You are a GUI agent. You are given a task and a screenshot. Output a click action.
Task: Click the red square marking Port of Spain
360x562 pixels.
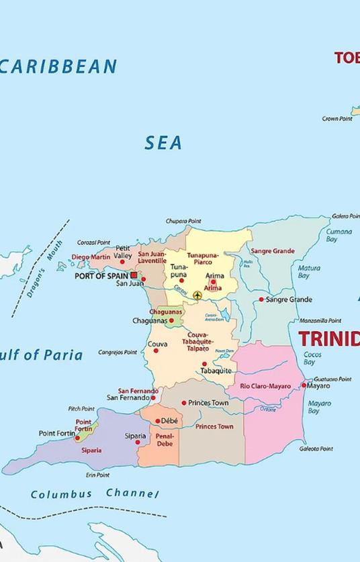(134, 275)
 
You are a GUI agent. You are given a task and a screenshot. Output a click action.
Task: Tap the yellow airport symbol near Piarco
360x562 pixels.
(197, 295)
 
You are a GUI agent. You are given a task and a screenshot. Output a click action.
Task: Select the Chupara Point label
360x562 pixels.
(183, 221)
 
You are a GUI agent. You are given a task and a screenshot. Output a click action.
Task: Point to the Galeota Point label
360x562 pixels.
(316, 449)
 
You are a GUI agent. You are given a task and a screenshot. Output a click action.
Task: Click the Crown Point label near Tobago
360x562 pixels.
(337, 119)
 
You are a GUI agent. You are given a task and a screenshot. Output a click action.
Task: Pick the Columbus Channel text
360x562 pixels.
(95, 494)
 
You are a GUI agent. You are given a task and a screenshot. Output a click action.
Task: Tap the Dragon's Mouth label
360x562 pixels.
(45, 269)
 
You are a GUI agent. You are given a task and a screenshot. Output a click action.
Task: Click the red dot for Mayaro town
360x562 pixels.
(304, 385)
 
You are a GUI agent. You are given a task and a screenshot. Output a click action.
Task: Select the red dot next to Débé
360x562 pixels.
(158, 421)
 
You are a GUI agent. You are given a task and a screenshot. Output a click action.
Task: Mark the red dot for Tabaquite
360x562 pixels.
(205, 364)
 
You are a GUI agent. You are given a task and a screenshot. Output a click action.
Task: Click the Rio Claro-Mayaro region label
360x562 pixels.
(265, 386)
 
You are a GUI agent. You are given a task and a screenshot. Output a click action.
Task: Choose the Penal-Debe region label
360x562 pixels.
(165, 440)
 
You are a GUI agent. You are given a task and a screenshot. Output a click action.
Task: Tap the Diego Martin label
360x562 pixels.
(91, 257)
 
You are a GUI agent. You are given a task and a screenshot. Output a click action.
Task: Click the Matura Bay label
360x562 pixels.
(309, 271)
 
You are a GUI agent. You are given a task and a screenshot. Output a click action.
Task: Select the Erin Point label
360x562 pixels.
(97, 475)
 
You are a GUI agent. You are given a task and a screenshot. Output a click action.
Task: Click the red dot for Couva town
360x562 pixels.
(156, 350)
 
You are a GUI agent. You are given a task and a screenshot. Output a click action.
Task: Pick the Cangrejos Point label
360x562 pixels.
(118, 352)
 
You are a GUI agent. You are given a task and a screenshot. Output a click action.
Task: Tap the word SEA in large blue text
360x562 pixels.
(163, 142)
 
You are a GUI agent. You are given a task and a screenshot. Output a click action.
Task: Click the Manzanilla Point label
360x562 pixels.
(320, 320)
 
